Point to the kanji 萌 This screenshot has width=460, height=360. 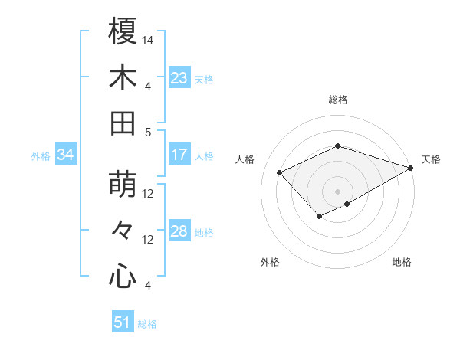pos(123,185)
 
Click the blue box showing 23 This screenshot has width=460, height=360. pos(179,78)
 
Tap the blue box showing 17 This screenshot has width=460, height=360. pos(179,155)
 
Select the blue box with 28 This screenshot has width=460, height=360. pos(179,231)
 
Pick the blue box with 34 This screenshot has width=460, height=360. pos(66,155)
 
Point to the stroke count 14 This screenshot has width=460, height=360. pos(149,39)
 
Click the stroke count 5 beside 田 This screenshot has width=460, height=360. pos(148,132)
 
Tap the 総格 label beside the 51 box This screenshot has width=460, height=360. pos(147,324)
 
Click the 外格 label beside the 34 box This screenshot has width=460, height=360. pos(41,156)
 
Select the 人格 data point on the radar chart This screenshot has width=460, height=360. pos(280,172)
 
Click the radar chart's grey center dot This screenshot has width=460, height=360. pos(337,191)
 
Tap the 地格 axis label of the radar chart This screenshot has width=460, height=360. pos(402,262)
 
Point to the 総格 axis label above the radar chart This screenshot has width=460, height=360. pos(337,100)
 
